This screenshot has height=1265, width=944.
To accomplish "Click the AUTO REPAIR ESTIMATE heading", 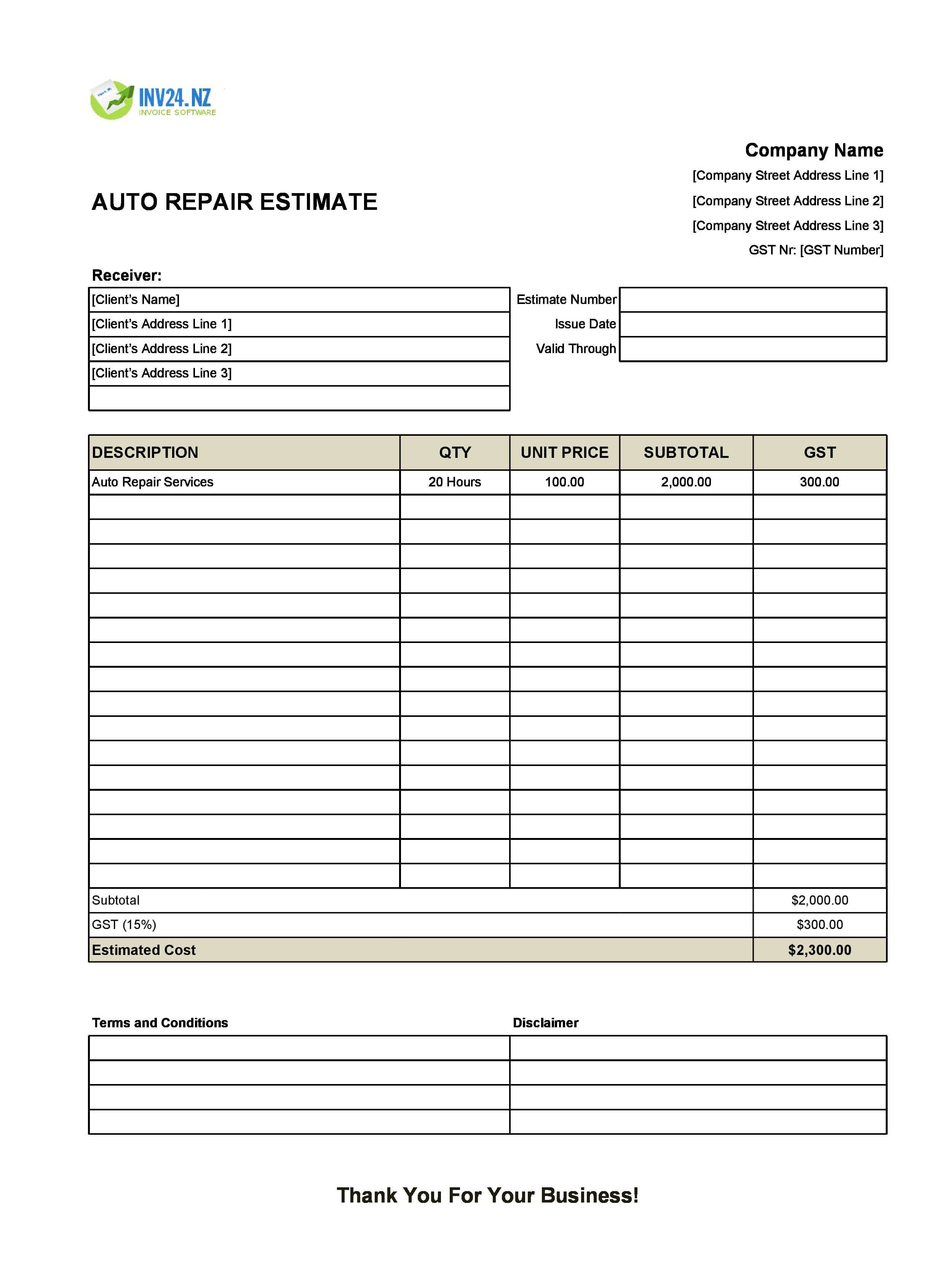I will (234, 202).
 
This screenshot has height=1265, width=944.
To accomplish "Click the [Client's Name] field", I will (299, 299).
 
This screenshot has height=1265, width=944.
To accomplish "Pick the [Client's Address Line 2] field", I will (299, 349).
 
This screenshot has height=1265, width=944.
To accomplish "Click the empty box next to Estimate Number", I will (752, 299).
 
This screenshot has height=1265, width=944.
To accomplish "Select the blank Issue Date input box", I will (752, 324).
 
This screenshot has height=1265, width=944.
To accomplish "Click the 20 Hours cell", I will (454, 482).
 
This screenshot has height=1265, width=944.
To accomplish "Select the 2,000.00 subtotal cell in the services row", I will (686, 482).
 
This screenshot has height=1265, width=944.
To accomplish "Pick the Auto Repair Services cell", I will (153, 482).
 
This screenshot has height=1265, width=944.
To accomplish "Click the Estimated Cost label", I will (144, 950).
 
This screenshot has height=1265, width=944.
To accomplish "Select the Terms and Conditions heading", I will (160, 1023).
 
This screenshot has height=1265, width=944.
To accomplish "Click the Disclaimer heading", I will (545, 1023).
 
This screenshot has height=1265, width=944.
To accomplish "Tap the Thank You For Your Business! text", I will (487, 1195).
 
